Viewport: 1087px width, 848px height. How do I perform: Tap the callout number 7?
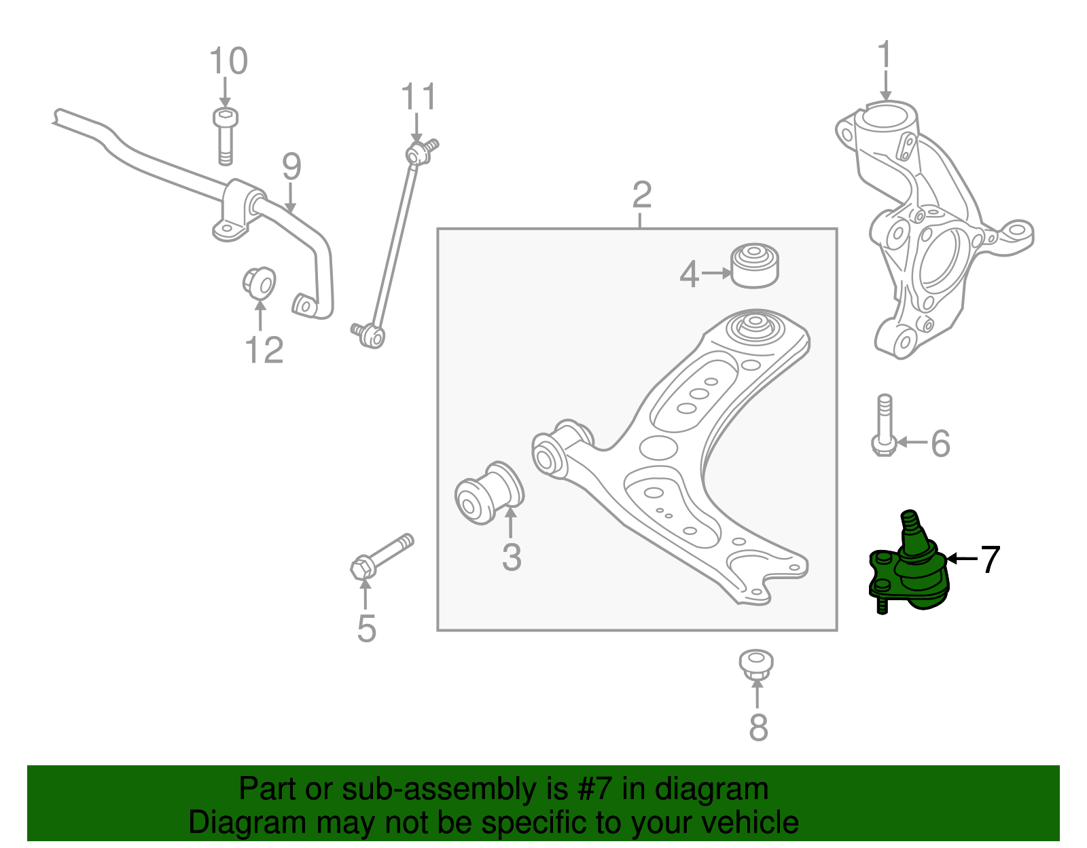[x=991, y=559]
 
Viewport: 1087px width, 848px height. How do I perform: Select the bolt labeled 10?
[x=225, y=136]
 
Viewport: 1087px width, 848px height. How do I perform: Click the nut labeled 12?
[x=260, y=282]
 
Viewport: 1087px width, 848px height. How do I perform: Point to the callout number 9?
[x=291, y=167]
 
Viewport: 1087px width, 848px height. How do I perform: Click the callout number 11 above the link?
[x=418, y=97]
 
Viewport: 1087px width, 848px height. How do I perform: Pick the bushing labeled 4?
[x=755, y=265]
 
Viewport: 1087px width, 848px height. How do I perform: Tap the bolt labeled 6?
[x=883, y=426]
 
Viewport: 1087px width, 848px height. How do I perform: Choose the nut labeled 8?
[x=756, y=663]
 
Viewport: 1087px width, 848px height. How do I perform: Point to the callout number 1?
[x=884, y=56]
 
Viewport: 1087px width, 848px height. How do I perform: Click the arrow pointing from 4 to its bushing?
[x=715, y=274]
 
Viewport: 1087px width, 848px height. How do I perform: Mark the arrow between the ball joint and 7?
[x=961, y=559]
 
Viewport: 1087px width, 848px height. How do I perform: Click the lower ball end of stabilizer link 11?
[x=371, y=335]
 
